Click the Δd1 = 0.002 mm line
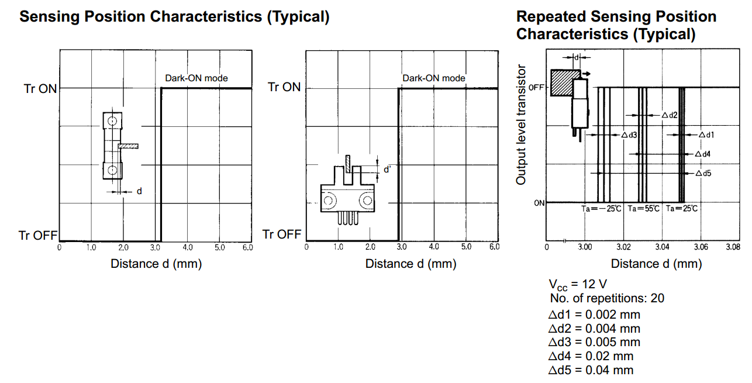[x=594, y=315]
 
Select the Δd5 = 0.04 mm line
[x=591, y=370]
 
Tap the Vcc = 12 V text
[x=578, y=285]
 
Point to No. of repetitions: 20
[x=607, y=298]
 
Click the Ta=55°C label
[x=644, y=209]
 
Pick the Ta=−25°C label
[x=601, y=209]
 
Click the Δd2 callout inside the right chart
[x=670, y=115]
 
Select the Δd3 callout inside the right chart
[x=629, y=135]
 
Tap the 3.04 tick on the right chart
[x=662, y=247]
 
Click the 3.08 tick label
[x=733, y=247]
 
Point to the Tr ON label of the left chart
[x=40, y=89]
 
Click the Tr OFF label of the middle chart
[x=282, y=234]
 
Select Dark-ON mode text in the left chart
[x=196, y=78]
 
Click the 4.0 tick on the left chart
[x=187, y=247]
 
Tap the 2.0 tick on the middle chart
[x=370, y=247]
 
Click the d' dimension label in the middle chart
[x=387, y=169]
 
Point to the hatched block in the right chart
[x=563, y=83]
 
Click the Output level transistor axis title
[x=520, y=125]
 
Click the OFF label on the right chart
[x=536, y=88]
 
